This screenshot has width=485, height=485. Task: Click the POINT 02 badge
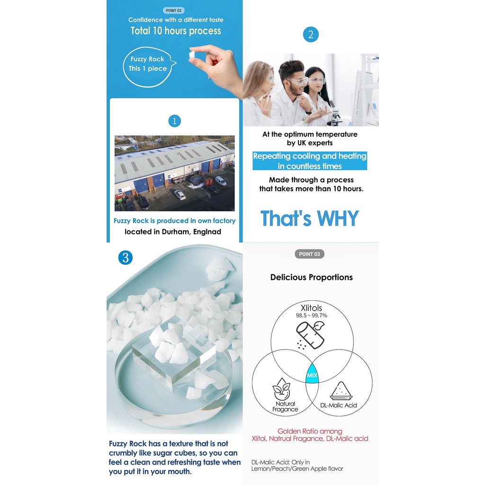(173, 10)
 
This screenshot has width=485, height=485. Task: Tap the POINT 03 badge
(309, 254)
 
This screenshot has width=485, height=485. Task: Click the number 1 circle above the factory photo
(174, 121)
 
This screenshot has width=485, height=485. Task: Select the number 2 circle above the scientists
(311, 35)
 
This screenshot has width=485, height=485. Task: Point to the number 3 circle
(126, 258)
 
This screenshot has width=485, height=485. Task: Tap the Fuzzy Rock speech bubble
(149, 67)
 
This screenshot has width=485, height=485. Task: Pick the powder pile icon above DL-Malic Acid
(341, 391)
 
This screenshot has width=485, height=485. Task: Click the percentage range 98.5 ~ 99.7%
(312, 315)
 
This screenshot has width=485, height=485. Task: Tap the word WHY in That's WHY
(338, 218)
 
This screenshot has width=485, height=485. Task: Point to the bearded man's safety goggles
(296, 82)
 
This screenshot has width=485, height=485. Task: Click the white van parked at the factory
(221, 180)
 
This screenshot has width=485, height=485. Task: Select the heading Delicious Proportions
(312, 277)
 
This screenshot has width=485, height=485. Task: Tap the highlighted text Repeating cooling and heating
(310, 156)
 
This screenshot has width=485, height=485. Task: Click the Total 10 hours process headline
(176, 31)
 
